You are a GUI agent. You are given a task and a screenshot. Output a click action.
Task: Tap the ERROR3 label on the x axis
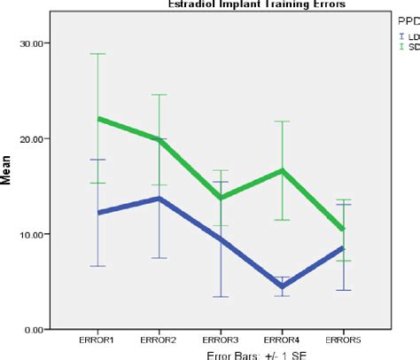pos(221,339)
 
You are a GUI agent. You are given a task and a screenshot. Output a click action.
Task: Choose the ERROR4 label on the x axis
pos(283,339)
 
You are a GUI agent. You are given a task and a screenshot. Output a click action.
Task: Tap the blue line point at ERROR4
pos(283,286)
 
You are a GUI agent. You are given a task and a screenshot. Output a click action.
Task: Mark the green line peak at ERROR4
pos(283,170)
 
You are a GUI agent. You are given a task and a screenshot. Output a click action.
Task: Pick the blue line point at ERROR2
pos(159,199)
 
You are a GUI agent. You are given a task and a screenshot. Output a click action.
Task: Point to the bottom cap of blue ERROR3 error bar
pos(221,297)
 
